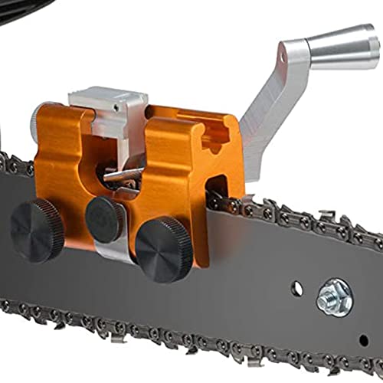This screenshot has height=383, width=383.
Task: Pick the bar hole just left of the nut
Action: click(298, 290)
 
